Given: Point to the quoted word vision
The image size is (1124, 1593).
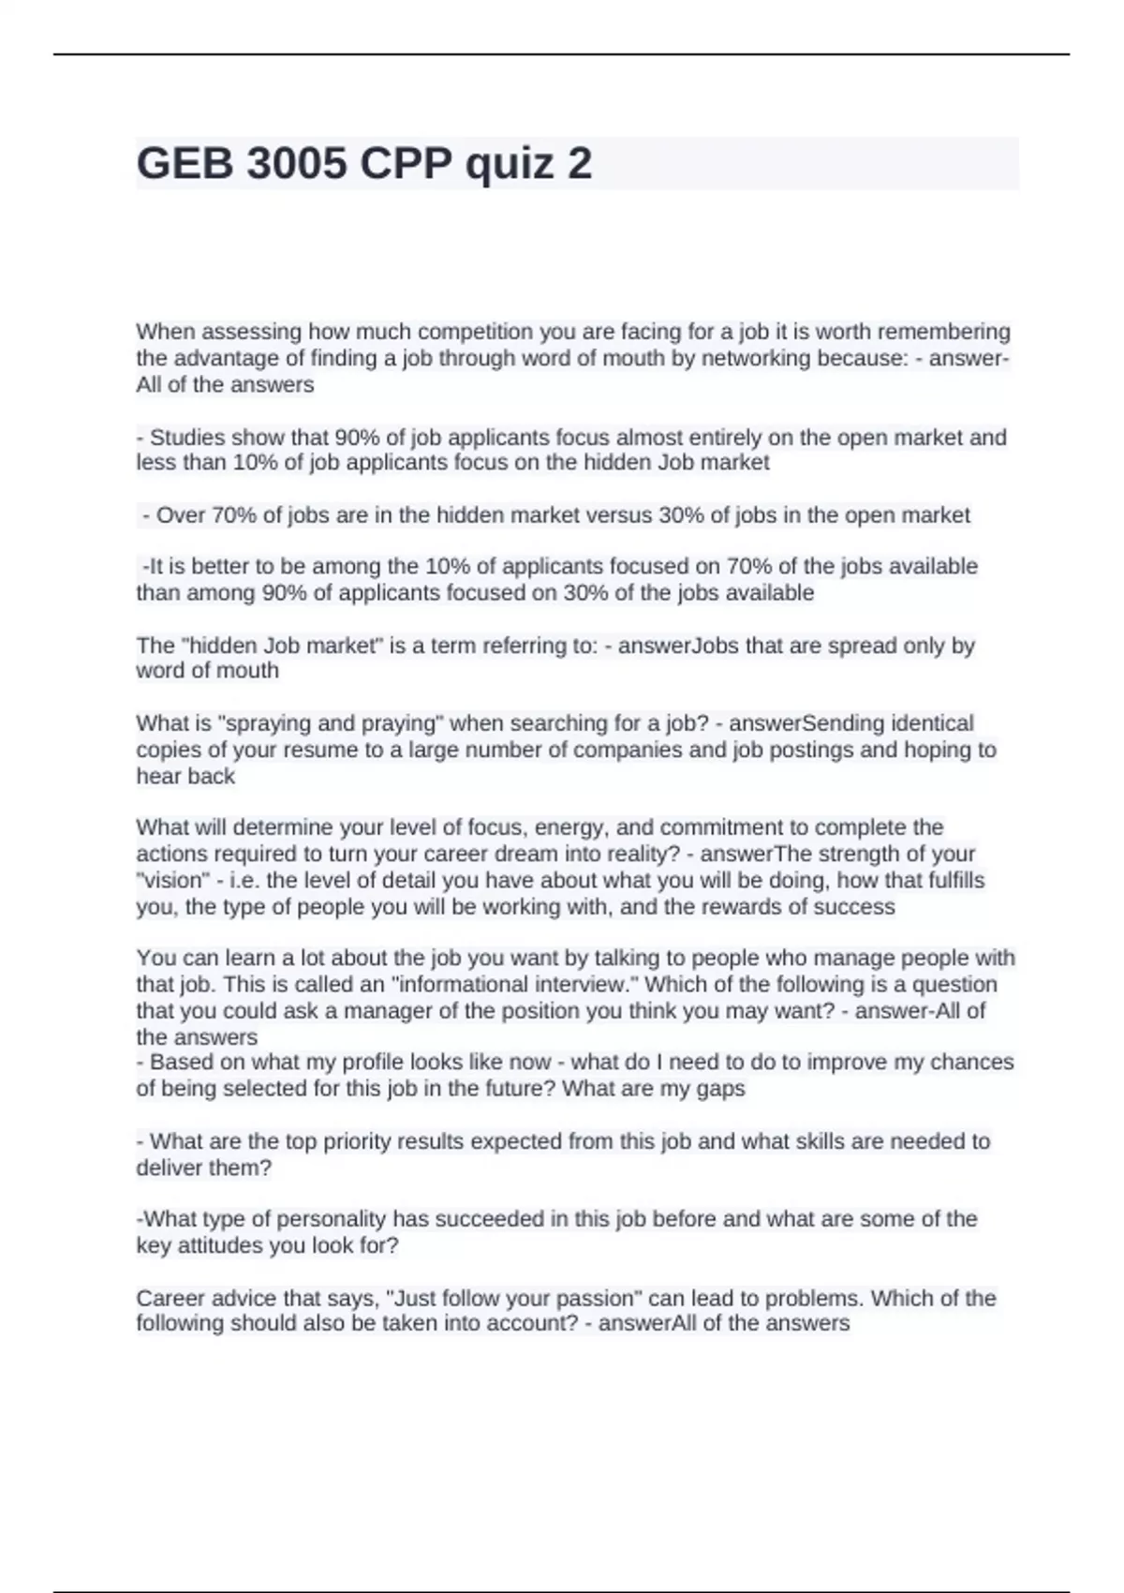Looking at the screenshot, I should (x=173, y=881).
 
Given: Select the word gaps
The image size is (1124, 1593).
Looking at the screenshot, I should (x=721, y=1089).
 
